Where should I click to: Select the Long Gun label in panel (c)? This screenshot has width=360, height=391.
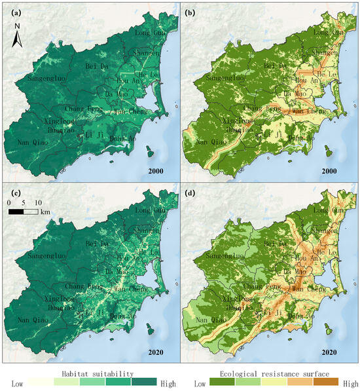148,211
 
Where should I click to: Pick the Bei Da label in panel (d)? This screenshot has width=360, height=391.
276,244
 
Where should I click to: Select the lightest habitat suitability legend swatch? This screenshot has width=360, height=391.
40,382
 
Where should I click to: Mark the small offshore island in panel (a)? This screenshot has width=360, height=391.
149,152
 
